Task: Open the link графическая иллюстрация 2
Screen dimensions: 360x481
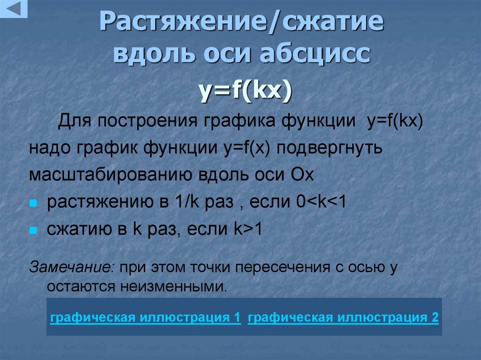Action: click(x=343, y=318)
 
